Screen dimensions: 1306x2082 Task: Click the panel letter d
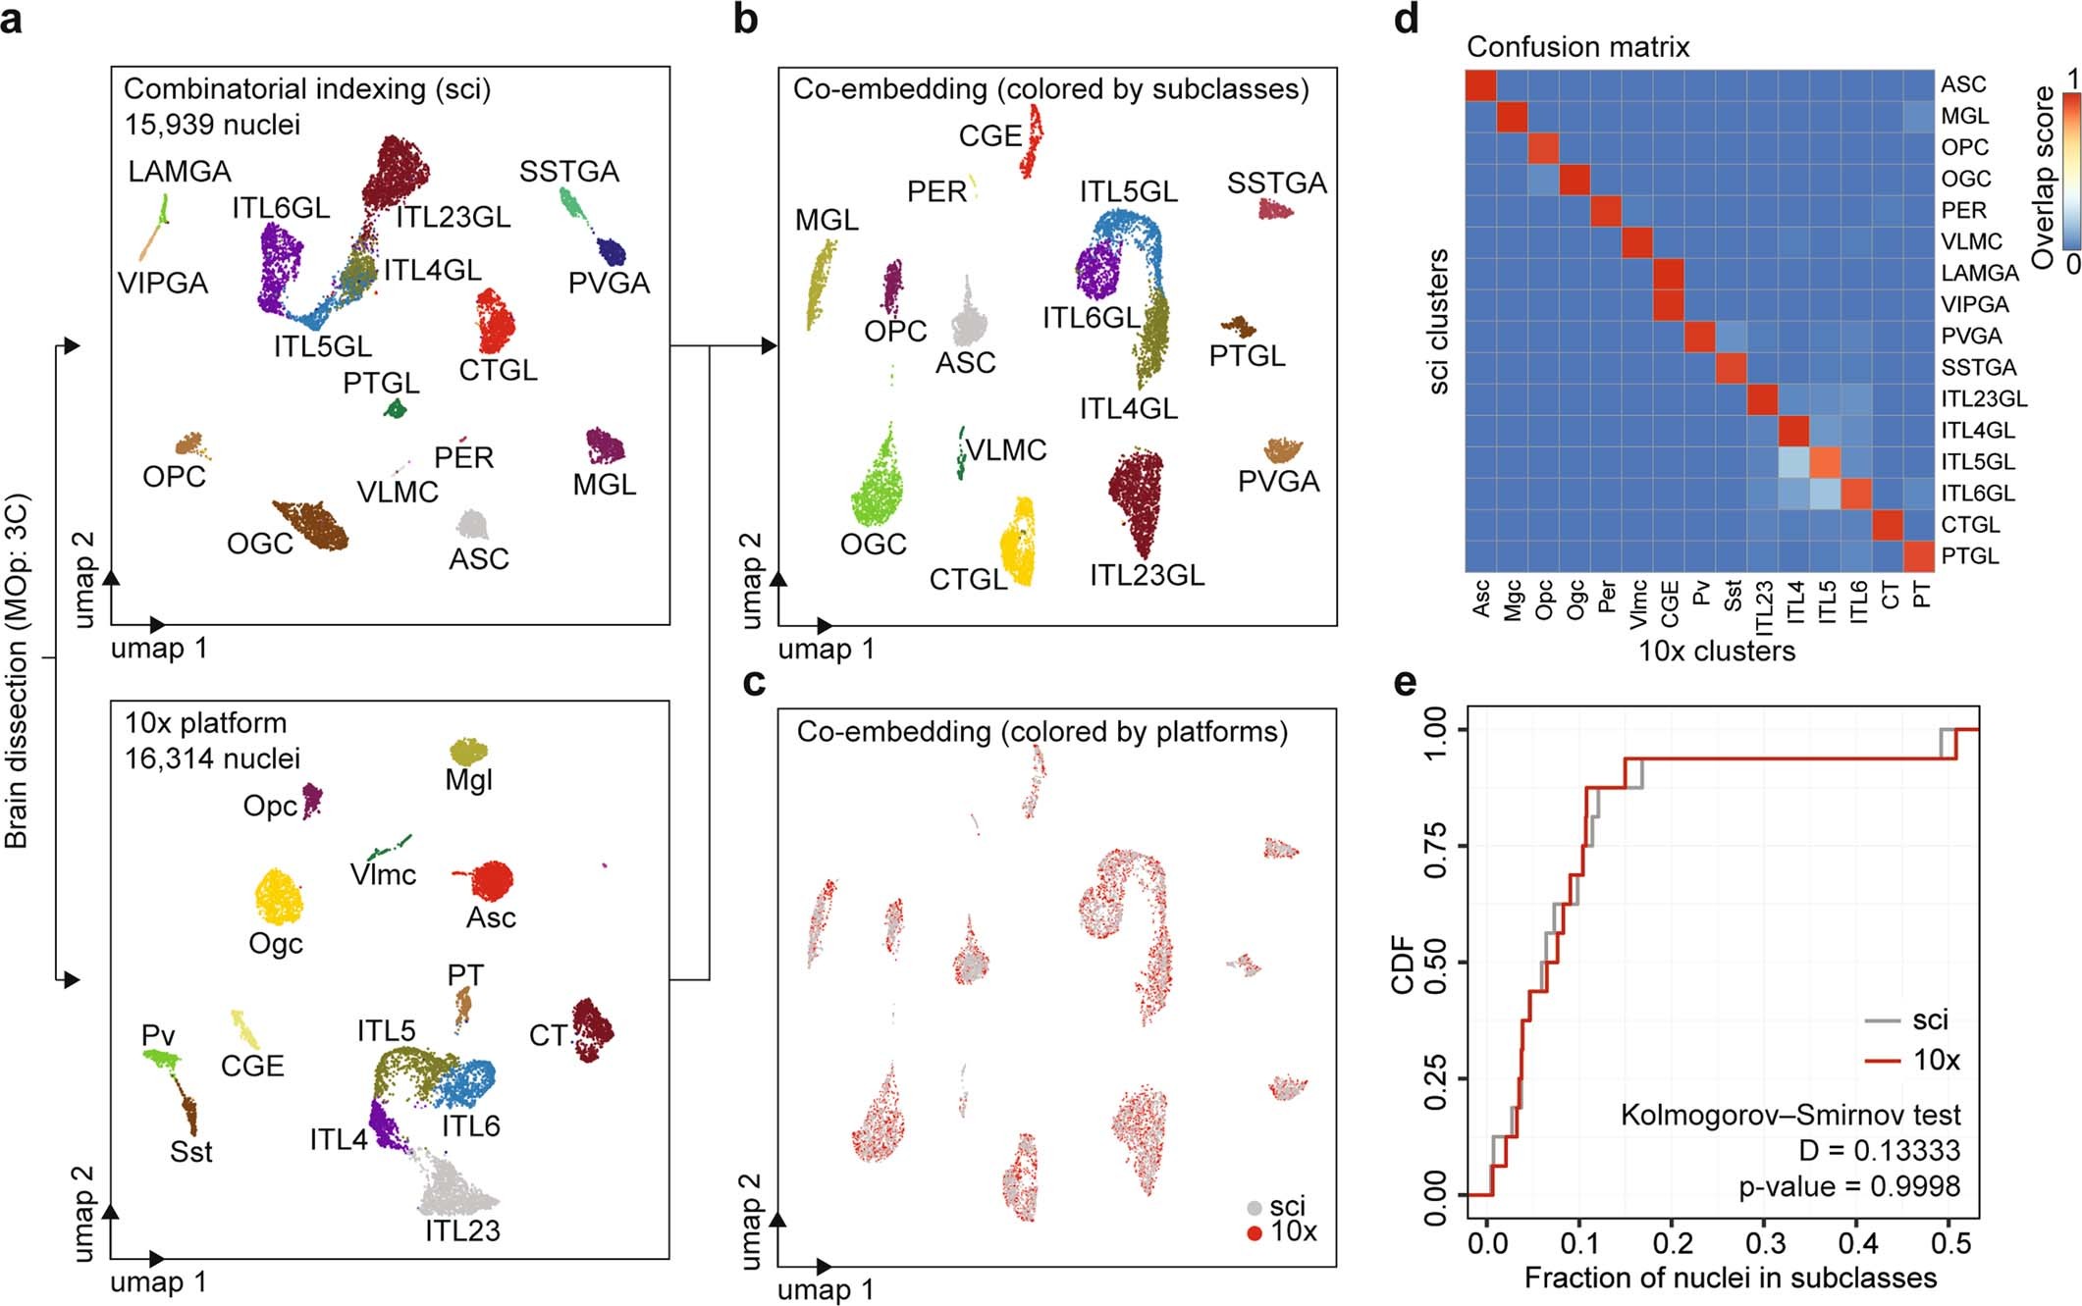coord(1406,20)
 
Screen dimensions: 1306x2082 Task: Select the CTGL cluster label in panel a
coord(498,371)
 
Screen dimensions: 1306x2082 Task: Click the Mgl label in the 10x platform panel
coord(468,780)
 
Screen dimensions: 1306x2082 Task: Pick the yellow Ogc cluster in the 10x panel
coord(279,897)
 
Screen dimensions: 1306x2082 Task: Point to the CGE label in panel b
coord(989,136)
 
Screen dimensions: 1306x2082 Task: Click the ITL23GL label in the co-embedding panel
coord(1147,576)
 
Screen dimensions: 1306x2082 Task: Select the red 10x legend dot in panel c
coord(1254,1232)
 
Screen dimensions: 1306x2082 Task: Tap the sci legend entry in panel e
coord(1929,1020)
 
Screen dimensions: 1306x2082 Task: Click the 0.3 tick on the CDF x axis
coord(1764,1243)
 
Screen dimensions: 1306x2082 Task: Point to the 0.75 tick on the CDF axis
coord(1435,846)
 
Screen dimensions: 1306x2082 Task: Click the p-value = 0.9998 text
coord(1848,1186)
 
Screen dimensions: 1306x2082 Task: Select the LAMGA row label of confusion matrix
coord(1979,274)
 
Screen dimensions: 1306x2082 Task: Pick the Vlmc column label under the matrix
coord(1637,602)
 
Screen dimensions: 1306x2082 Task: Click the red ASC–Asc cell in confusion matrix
coord(1480,85)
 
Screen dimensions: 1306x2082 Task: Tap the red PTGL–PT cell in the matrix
coord(1919,556)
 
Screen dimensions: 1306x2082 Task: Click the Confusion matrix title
coord(1577,47)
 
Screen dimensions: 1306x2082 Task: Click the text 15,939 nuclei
coord(212,125)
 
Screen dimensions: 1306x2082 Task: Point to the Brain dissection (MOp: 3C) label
coord(17,671)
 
